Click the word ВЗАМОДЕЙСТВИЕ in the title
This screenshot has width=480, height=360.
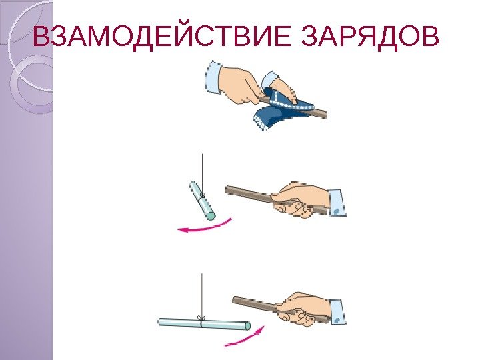(x=161, y=37)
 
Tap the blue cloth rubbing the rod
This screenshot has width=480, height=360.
(x=281, y=109)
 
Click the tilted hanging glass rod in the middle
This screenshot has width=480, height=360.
(x=202, y=200)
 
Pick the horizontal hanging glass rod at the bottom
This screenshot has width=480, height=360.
(x=204, y=324)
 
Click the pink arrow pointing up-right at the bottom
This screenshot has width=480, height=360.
(x=245, y=337)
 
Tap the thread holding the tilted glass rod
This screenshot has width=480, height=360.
(x=202, y=175)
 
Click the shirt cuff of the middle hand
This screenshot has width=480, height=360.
(x=337, y=203)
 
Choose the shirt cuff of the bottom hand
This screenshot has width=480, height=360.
(x=337, y=311)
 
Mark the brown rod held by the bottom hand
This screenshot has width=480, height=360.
(x=279, y=309)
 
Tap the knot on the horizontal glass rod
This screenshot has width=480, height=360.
(x=201, y=318)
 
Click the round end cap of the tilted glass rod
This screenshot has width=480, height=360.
(x=211, y=216)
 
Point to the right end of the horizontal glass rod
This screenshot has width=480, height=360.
(x=247, y=326)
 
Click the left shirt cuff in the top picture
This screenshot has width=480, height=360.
(x=214, y=77)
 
